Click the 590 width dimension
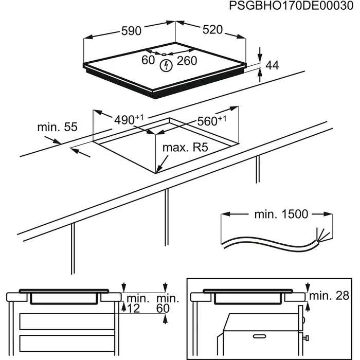(131, 31)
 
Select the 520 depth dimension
(212, 30)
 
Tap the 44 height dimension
(272, 65)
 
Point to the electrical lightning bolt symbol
(166, 65)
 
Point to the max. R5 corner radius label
(185, 148)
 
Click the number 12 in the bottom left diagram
(134, 308)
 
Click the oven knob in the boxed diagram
(307, 338)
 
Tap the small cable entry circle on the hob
(163, 55)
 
